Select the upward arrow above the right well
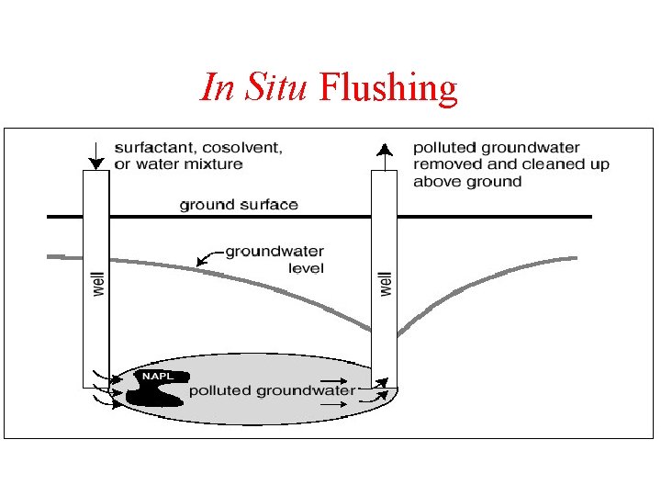386,153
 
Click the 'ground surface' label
239,204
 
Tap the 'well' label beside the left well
99,282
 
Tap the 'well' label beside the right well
386,282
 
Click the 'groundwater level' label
274,259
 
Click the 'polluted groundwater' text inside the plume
272,390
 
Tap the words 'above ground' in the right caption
466,181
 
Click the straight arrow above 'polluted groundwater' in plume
333,380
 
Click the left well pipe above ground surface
95,193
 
